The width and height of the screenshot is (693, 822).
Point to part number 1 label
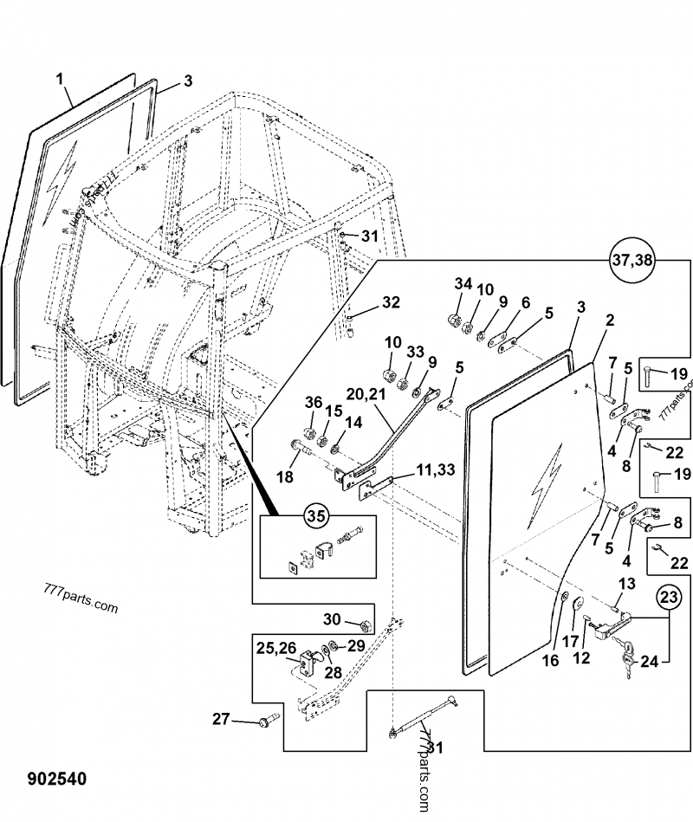(61, 80)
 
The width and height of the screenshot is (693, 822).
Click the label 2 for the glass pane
(610, 320)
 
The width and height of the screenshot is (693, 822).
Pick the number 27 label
(223, 718)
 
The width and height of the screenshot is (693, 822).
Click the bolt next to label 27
(266, 721)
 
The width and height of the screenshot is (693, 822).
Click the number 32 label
(392, 302)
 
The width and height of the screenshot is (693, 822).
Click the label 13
(627, 582)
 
